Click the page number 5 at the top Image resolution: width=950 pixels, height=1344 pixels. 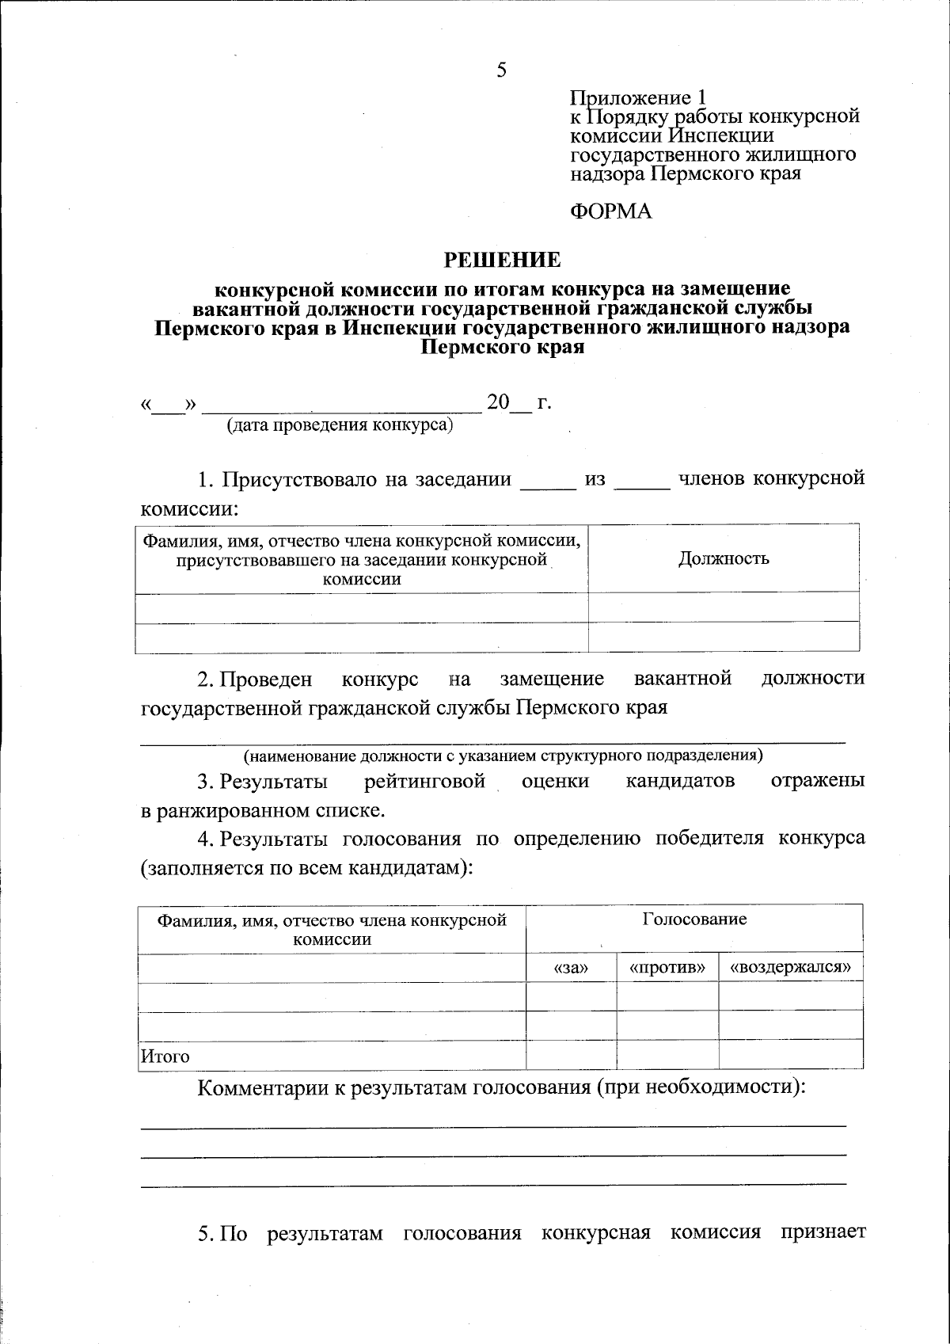click(x=501, y=70)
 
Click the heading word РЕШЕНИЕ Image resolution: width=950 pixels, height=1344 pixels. click(x=502, y=260)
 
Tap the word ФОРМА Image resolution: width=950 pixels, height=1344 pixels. click(x=610, y=211)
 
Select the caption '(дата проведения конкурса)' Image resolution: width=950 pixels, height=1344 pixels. click(x=340, y=426)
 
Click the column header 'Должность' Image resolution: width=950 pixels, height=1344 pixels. click(x=724, y=559)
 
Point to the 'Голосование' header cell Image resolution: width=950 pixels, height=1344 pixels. click(x=693, y=919)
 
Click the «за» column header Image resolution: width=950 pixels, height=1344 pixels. click(x=571, y=968)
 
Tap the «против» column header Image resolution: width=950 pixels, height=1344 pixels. click(x=667, y=968)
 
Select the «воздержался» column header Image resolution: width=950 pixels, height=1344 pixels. click(x=791, y=968)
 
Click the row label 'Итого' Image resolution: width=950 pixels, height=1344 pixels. click(x=165, y=1057)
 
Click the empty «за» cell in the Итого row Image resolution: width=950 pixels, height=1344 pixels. click(x=571, y=1055)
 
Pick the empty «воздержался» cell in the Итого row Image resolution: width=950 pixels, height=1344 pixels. click(x=791, y=1055)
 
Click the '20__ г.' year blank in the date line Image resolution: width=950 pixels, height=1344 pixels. click(x=519, y=404)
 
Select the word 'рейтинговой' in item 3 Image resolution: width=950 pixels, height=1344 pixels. click(x=424, y=782)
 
